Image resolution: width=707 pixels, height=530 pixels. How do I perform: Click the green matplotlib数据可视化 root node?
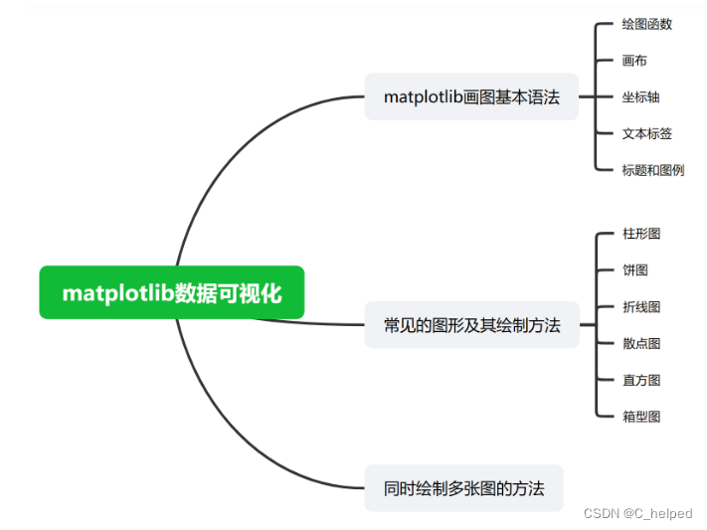(x=171, y=292)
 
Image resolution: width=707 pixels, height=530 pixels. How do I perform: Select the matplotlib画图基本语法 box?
(x=471, y=96)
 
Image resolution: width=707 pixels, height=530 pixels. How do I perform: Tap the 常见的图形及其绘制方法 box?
(x=471, y=325)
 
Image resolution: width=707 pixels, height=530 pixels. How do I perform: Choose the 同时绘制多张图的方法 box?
(x=463, y=488)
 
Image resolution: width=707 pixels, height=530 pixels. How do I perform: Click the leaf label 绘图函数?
(x=646, y=24)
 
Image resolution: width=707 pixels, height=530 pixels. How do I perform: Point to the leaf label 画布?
(x=634, y=61)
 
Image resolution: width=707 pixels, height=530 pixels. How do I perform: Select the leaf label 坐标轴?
(x=640, y=97)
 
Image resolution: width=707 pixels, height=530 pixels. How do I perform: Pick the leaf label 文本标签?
(x=646, y=133)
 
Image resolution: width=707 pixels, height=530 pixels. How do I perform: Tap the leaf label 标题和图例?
(x=652, y=170)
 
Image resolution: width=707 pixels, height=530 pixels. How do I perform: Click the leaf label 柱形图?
(x=640, y=234)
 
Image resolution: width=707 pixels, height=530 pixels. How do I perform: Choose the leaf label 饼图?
(x=634, y=270)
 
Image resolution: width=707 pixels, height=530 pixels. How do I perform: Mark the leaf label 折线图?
(x=640, y=307)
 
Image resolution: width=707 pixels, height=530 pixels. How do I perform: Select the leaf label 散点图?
(x=640, y=343)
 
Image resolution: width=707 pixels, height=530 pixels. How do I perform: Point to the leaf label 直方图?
(x=640, y=380)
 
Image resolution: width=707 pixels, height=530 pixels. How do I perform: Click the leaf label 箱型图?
(x=640, y=417)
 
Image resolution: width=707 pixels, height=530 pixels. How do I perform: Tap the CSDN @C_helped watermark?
(x=637, y=513)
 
